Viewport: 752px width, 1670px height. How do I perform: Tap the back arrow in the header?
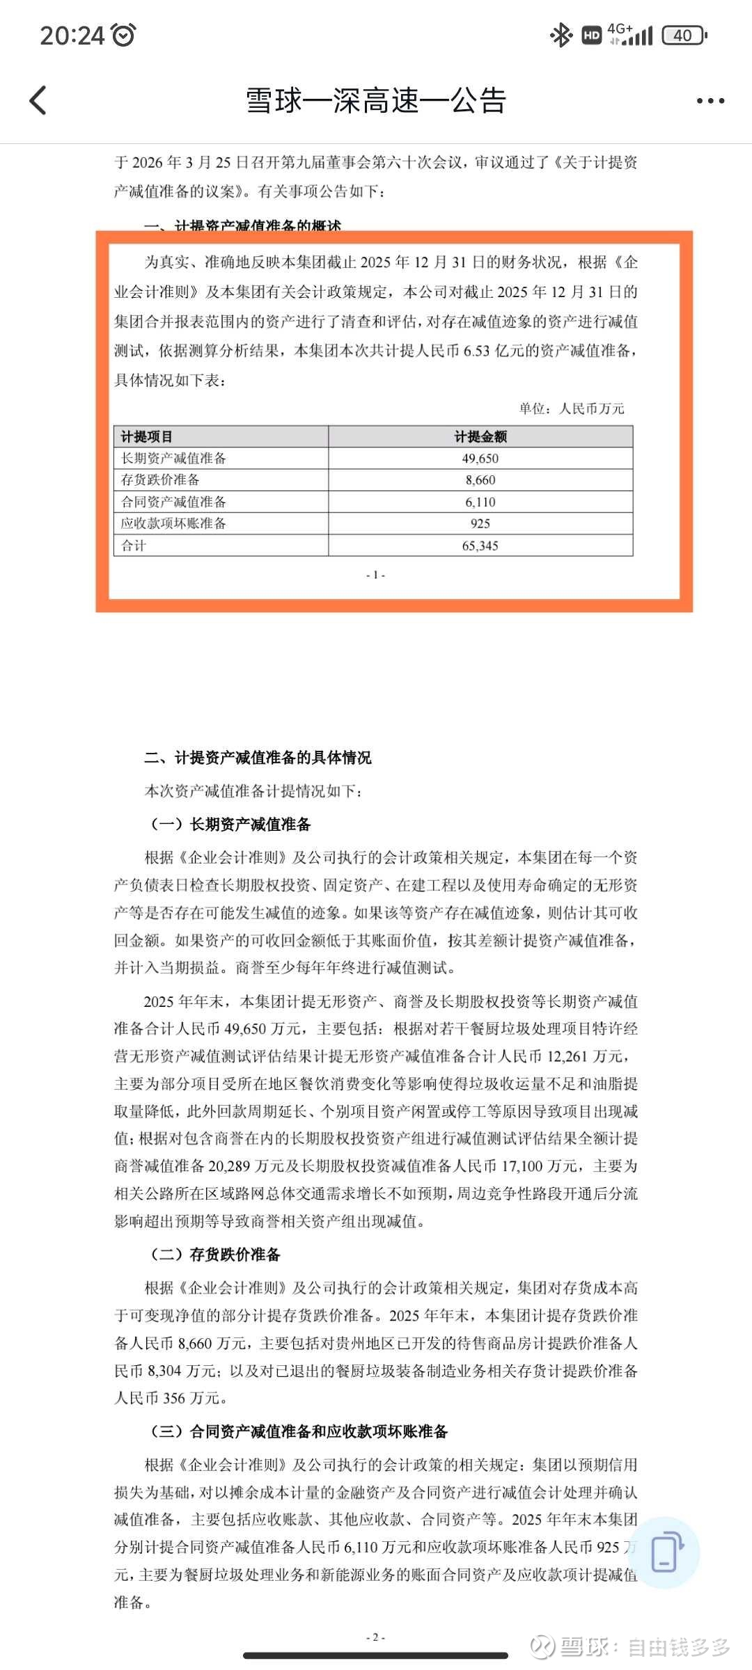[x=38, y=100]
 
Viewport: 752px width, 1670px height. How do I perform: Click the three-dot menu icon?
[x=710, y=101]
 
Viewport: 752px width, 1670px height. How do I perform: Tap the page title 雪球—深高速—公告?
[x=376, y=101]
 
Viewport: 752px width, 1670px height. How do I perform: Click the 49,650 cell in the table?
[x=480, y=459]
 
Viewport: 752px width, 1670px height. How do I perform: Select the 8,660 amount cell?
[x=480, y=480]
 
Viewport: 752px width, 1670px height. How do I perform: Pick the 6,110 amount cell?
[x=480, y=502]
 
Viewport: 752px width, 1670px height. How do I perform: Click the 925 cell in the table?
[x=480, y=524]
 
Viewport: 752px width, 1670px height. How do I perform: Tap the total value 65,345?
[x=480, y=546]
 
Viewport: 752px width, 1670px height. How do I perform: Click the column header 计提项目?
[x=147, y=437]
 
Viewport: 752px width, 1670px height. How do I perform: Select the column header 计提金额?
[x=480, y=437]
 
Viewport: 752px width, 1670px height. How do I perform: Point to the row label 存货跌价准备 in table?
[x=161, y=480]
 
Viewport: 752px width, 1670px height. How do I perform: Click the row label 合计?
[x=134, y=546]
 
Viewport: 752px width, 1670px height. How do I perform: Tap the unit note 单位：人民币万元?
[x=572, y=408]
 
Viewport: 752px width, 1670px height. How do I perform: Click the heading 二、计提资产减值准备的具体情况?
[x=258, y=758]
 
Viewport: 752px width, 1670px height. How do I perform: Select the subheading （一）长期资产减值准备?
[x=230, y=825]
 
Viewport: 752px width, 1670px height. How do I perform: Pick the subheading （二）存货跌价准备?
[x=215, y=1255]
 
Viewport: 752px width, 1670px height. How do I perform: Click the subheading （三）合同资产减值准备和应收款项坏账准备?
[x=299, y=1431]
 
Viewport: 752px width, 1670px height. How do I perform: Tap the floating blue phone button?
[x=664, y=1552]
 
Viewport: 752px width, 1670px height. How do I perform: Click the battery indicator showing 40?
[x=684, y=35]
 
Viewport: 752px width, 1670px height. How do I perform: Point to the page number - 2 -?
[x=375, y=1637]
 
